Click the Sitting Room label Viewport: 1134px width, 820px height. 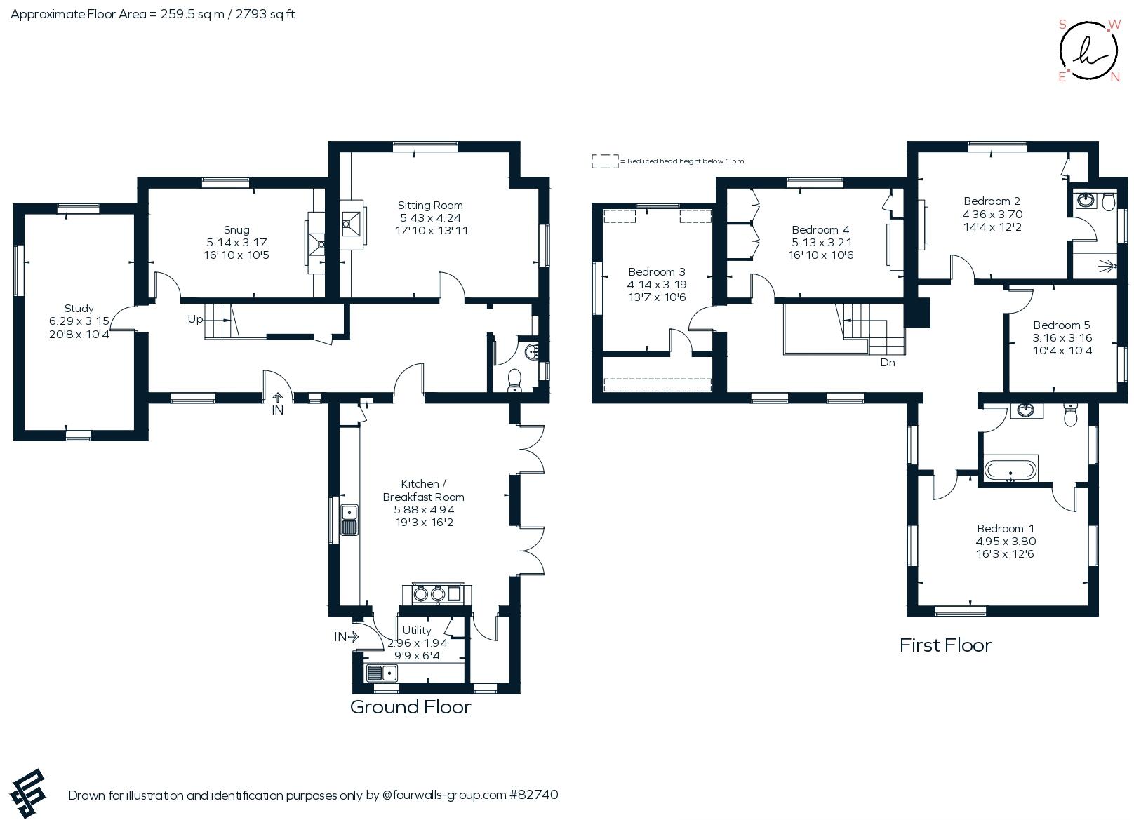click(429, 206)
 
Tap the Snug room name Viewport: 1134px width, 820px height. click(236, 230)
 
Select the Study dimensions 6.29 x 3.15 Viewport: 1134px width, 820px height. click(79, 321)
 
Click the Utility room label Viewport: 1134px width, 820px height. click(417, 631)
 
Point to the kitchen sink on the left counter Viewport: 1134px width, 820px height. click(349, 520)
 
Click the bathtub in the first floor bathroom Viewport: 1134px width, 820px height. click(1010, 470)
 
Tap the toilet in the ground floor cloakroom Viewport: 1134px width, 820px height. click(514, 379)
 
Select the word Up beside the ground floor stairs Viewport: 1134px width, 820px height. click(195, 320)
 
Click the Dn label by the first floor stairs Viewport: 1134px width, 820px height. click(888, 363)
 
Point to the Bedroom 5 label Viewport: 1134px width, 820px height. click(1061, 325)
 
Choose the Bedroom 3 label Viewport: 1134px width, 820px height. click(656, 272)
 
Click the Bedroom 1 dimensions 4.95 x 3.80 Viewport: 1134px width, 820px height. click(1005, 542)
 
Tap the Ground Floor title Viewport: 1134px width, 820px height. click(411, 707)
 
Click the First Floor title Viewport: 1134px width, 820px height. click(945, 645)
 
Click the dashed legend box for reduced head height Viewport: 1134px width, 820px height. click(604, 161)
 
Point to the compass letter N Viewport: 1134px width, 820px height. click(1115, 78)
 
